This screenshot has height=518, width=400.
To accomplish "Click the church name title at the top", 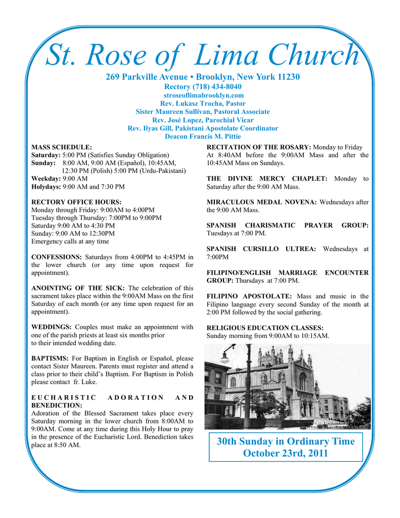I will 202,56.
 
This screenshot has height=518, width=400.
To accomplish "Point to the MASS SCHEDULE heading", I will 62,147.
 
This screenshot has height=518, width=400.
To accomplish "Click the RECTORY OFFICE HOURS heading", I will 76,201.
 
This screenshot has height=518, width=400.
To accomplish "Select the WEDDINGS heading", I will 51,327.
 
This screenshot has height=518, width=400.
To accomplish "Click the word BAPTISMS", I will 50,358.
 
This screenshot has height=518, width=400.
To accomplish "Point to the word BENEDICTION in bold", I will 57,405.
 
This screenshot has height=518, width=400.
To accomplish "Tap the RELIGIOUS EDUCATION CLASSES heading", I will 265,328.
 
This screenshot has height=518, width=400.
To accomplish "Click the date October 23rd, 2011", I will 286,453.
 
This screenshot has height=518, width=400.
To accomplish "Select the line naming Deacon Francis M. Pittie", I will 203,136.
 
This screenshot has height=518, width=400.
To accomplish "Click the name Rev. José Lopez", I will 177,120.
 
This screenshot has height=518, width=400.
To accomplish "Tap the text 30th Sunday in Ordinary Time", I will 286,441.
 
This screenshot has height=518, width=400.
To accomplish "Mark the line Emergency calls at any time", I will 70,241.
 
